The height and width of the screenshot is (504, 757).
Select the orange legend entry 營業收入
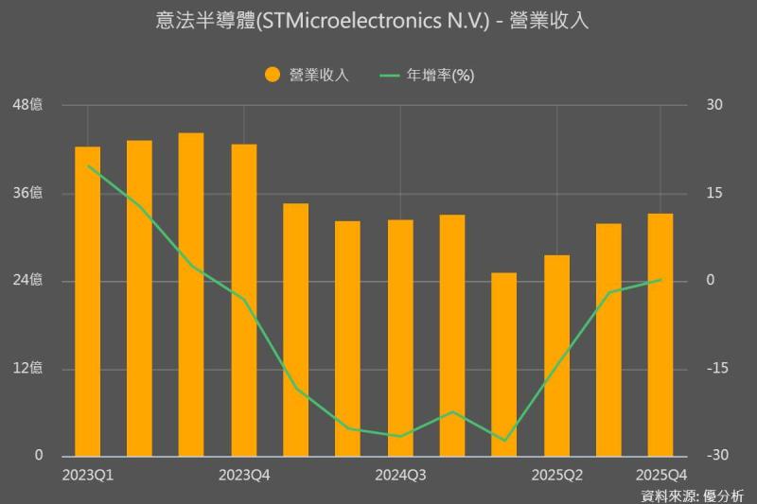point(307,76)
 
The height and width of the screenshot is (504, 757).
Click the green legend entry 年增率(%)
point(426,76)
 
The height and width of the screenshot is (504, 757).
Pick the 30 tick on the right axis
point(714,105)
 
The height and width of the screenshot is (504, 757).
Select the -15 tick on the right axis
point(714,369)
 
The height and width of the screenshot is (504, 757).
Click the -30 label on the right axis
point(714,456)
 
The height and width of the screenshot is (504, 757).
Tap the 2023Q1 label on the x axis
point(87,474)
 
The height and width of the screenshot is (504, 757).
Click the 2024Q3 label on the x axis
point(400,474)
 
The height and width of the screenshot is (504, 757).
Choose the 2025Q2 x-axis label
point(556,474)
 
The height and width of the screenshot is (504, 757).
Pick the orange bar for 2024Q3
point(400,338)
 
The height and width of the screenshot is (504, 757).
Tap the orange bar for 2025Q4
point(660,335)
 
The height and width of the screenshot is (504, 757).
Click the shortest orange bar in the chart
point(504,364)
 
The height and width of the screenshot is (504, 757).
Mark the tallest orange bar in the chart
point(191,294)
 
